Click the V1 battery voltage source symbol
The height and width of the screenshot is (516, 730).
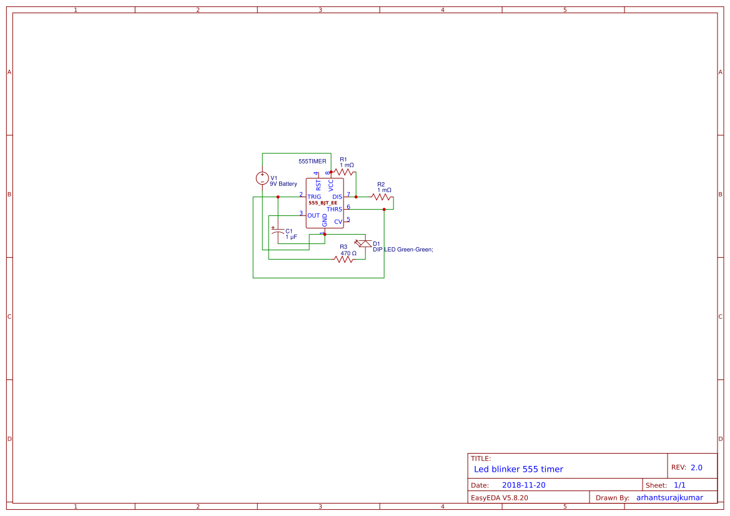coord(262,178)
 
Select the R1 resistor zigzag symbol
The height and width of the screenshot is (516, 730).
coord(343,172)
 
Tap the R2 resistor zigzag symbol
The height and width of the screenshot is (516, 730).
coord(381,197)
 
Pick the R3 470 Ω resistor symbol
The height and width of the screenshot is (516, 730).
coord(344,259)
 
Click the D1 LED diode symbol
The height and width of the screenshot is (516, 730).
coord(363,243)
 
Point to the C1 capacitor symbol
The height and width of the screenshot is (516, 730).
coord(278,231)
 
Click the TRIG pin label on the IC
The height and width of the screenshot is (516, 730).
coord(314,197)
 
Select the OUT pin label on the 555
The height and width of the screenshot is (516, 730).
coord(313,215)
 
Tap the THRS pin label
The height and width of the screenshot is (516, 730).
coord(334,209)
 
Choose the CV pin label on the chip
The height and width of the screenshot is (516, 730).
coord(338,221)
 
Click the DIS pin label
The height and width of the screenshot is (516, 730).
coord(337,197)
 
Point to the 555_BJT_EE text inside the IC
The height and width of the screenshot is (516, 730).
coord(323,203)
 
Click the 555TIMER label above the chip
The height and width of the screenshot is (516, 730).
coord(312,161)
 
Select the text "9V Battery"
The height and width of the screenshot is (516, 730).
coord(284,184)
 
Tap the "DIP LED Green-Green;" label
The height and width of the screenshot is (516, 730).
coord(403,250)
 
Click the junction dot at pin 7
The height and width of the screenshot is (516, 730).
coord(356,197)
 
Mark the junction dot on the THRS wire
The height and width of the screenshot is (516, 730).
coord(384,209)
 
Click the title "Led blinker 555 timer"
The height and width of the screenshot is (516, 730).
coord(518,469)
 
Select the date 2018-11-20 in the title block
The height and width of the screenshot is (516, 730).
coord(523,485)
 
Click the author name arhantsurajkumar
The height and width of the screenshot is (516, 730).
coord(669,497)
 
